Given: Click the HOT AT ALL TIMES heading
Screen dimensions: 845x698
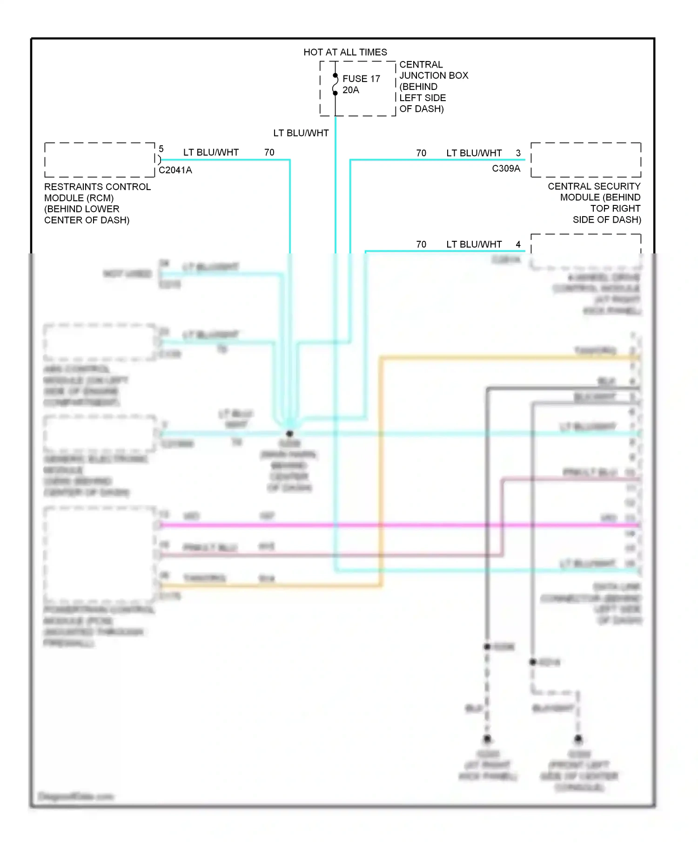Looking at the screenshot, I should click(345, 52).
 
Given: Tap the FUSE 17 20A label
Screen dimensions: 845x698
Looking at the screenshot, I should click(361, 84).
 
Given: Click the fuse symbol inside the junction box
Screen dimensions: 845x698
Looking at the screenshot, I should click(335, 84).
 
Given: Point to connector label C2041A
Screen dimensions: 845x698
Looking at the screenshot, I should click(175, 170).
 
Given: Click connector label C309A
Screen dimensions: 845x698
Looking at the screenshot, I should click(506, 169).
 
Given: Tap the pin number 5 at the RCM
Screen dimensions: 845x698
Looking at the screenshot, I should click(161, 149).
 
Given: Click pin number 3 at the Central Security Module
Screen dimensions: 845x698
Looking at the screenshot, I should click(518, 153).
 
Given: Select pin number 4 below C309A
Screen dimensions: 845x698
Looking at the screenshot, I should click(518, 245).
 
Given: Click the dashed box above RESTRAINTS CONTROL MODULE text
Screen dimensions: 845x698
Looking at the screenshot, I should click(100, 160).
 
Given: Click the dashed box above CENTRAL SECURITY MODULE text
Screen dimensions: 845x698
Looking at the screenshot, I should click(585, 160).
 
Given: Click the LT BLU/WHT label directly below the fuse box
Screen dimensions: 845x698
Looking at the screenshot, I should click(301, 133).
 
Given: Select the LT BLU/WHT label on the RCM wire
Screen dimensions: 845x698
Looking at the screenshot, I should click(211, 153).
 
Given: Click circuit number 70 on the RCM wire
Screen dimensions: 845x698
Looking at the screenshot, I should click(269, 153).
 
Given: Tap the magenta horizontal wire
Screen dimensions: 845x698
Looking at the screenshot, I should click(372, 525).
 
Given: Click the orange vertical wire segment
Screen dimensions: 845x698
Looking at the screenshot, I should click(381, 466).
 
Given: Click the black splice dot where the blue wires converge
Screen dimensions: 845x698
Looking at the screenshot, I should click(289, 433).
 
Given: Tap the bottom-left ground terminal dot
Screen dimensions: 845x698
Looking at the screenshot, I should click(487, 739).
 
